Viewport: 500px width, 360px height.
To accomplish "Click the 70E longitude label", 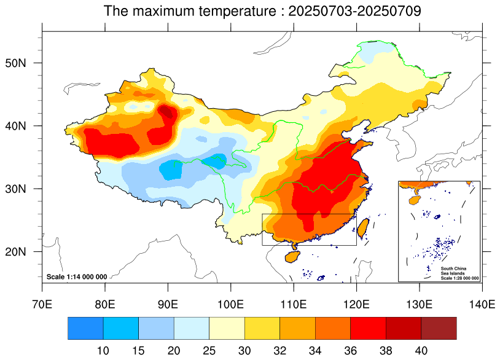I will click(42, 305).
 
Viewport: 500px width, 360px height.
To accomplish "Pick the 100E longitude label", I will click(231, 305).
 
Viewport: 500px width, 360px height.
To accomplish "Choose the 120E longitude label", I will click(356, 305).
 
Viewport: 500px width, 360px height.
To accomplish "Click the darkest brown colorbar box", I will click(439, 328).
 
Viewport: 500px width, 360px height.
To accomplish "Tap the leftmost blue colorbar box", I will click(85, 328).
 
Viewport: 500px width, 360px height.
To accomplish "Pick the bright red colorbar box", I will click(369, 328).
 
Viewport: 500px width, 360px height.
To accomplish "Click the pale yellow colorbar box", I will click(227, 328).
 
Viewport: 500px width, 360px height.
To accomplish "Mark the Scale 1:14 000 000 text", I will click(77, 277).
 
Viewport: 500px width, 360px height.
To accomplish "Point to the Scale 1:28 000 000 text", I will click(459, 278).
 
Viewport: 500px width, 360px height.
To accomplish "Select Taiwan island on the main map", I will click(362, 229).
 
